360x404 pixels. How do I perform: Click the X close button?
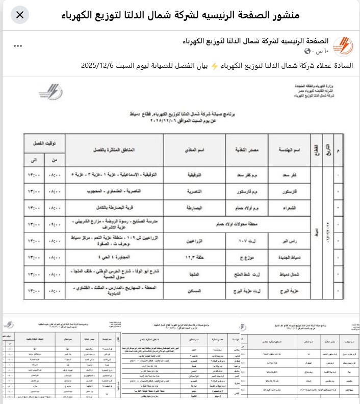point(19,15)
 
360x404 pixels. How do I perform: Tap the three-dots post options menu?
point(18,46)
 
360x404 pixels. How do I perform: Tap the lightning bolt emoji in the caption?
point(214,65)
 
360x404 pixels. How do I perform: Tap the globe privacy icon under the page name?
point(307,51)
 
